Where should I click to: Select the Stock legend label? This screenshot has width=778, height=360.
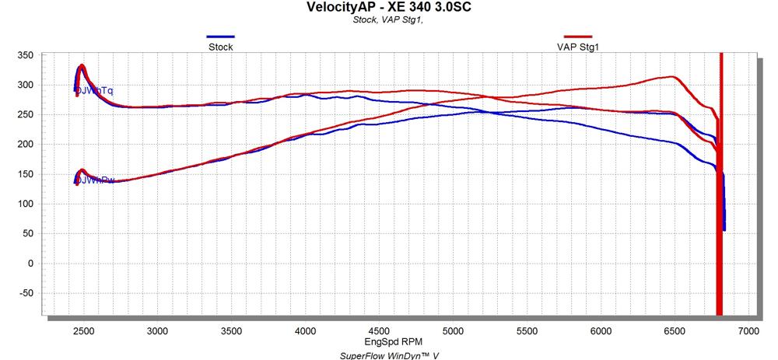pyautogui.click(x=220, y=47)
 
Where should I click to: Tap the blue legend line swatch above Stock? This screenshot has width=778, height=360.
pyautogui.click(x=220, y=37)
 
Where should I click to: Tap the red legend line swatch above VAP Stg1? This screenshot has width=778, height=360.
pyautogui.click(x=577, y=37)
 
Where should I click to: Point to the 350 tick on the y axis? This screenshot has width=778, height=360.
pyautogui.click(x=25, y=55)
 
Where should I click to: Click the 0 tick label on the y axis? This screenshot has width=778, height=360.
pyautogui.click(x=30, y=264)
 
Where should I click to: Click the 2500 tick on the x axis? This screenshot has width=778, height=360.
pyautogui.click(x=84, y=330)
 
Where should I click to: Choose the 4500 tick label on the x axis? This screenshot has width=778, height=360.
pyautogui.click(x=378, y=330)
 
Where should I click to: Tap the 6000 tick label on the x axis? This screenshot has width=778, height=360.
pyautogui.click(x=600, y=330)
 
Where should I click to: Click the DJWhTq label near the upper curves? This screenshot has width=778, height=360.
pyautogui.click(x=94, y=91)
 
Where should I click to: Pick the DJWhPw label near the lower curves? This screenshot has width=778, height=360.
pyautogui.click(x=95, y=180)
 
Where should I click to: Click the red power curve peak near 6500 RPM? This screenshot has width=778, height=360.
pyautogui.click(x=671, y=76)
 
